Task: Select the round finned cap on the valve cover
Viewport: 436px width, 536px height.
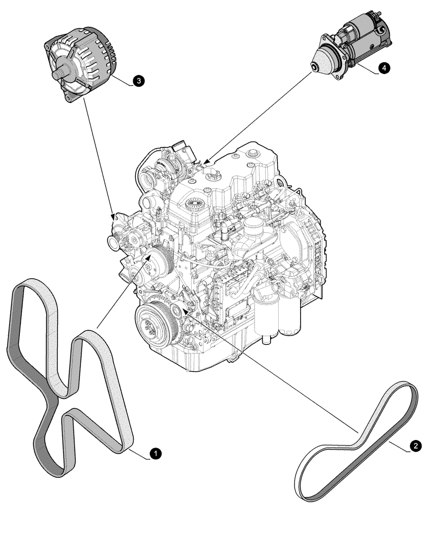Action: (194, 203)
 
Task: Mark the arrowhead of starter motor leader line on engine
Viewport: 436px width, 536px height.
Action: (207, 160)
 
